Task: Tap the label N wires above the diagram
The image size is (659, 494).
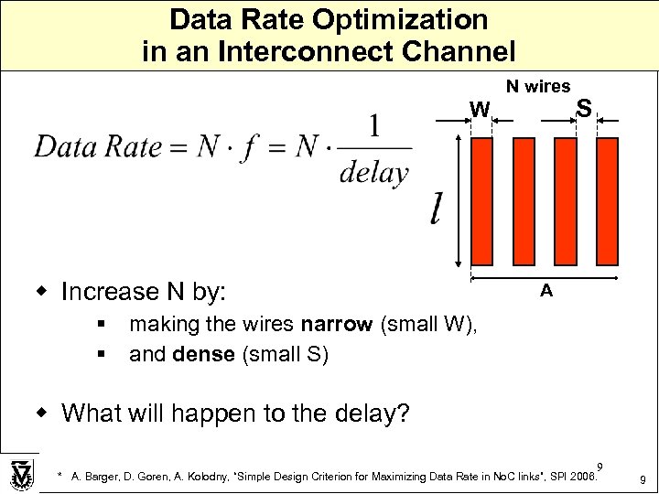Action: (x=538, y=86)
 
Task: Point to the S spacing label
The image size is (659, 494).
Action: (x=583, y=110)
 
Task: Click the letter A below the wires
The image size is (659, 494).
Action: (x=546, y=291)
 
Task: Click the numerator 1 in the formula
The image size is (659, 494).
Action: (x=374, y=124)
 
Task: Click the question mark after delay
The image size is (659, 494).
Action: (x=404, y=413)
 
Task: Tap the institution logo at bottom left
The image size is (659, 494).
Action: (x=20, y=473)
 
